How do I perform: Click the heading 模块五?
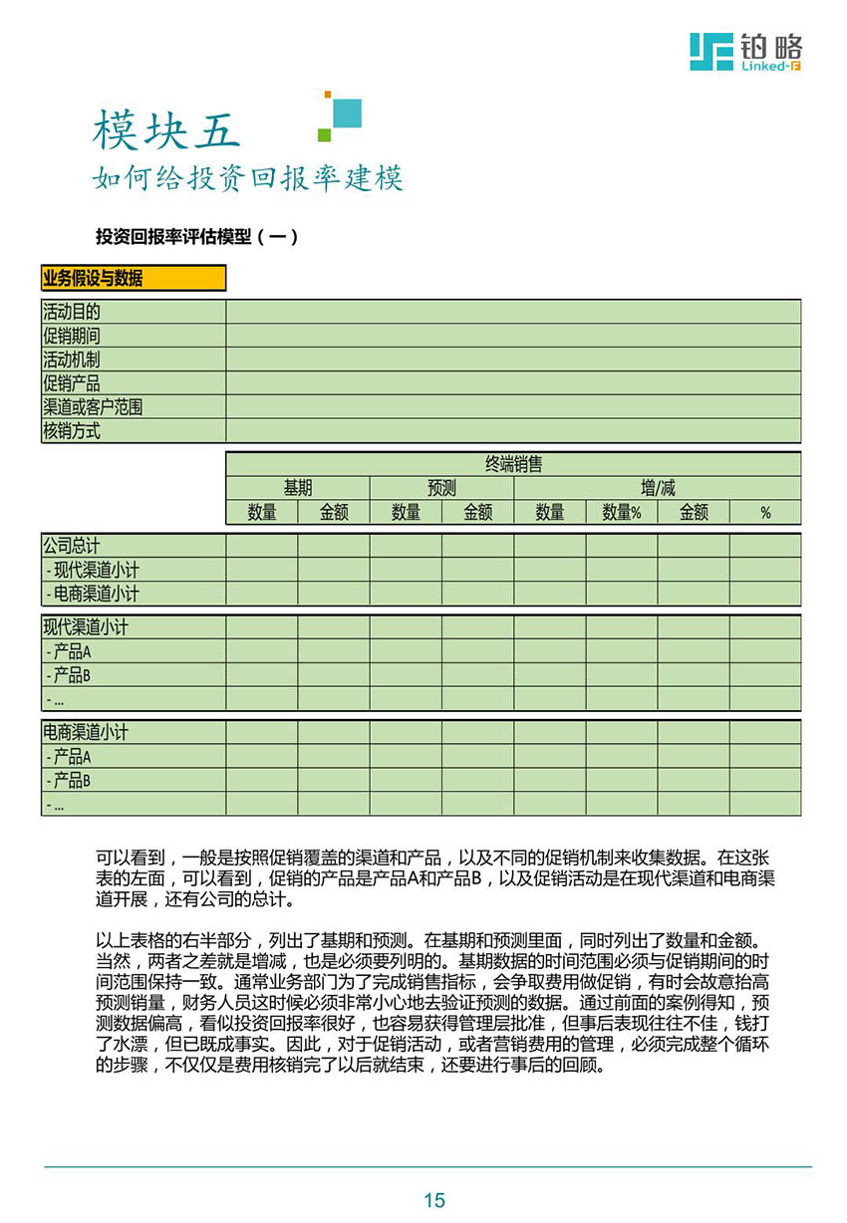click(166, 129)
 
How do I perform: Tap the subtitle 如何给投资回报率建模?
click(247, 179)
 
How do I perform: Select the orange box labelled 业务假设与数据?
click(134, 278)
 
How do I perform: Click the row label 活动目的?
click(72, 312)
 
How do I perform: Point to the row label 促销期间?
click(72, 336)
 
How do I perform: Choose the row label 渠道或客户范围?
click(93, 407)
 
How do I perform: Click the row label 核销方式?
click(72, 431)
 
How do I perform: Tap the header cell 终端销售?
click(513, 464)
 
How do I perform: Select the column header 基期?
click(298, 488)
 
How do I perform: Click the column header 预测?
click(441, 488)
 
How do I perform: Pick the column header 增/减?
click(658, 488)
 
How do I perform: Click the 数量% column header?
click(622, 513)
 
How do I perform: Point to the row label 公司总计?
click(72, 546)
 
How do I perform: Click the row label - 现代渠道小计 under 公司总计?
click(93, 570)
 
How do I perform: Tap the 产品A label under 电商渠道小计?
click(70, 756)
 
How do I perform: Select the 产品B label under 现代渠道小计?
click(70, 675)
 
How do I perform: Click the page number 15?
click(434, 1200)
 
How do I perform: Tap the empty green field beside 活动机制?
click(513, 360)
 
